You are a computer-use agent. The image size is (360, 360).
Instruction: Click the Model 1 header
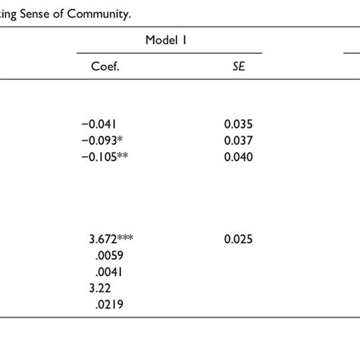(x=169, y=39)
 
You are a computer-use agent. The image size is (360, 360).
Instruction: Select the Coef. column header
(x=106, y=66)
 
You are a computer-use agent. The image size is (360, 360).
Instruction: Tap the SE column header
(x=238, y=66)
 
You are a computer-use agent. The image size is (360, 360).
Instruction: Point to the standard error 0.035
(x=238, y=123)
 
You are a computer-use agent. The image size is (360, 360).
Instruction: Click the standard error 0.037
(x=238, y=140)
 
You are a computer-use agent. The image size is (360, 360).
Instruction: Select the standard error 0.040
(x=238, y=156)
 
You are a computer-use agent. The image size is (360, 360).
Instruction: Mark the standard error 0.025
(x=238, y=238)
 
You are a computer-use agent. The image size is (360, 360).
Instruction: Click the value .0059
(x=106, y=255)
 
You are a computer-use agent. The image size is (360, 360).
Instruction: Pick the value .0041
(x=106, y=272)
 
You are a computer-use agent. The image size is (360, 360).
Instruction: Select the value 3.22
(x=100, y=288)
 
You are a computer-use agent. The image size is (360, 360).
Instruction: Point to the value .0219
(x=107, y=305)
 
